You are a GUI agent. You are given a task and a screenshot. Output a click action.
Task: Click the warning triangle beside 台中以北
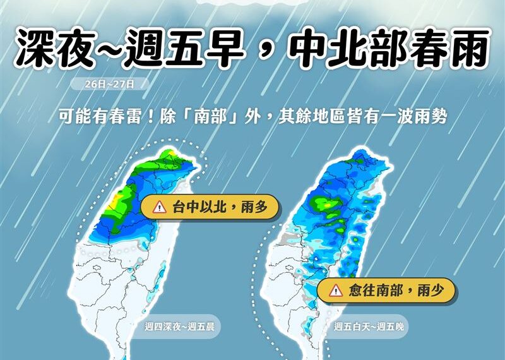(x=160, y=207)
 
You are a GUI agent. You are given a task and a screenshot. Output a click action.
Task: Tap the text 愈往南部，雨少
(x=393, y=291)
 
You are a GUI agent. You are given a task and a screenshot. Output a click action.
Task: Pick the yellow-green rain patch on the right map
(x=324, y=204)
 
